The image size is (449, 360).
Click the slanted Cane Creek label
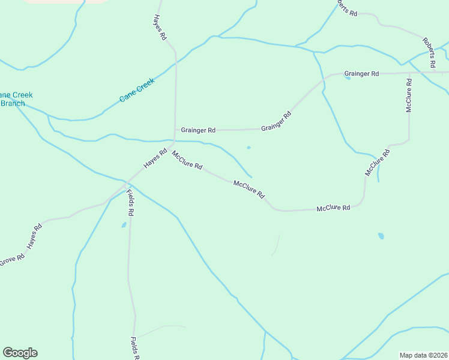[x=137, y=89]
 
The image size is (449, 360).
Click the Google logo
[x=20, y=353]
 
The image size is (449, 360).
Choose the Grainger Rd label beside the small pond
[x=361, y=74]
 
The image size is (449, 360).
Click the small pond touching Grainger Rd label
[x=348, y=77]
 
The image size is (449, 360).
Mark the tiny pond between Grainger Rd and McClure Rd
[x=249, y=147]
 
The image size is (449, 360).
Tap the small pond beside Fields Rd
[x=124, y=225]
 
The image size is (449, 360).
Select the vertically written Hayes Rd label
[x=159, y=27]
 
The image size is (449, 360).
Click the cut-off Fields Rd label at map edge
[x=135, y=349]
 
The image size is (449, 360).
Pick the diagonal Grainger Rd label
[x=276, y=121]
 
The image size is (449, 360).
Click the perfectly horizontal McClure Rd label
[x=333, y=208]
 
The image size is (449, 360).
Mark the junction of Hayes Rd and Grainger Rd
[x=175, y=130]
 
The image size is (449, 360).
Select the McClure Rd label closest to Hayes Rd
[x=187, y=160]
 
